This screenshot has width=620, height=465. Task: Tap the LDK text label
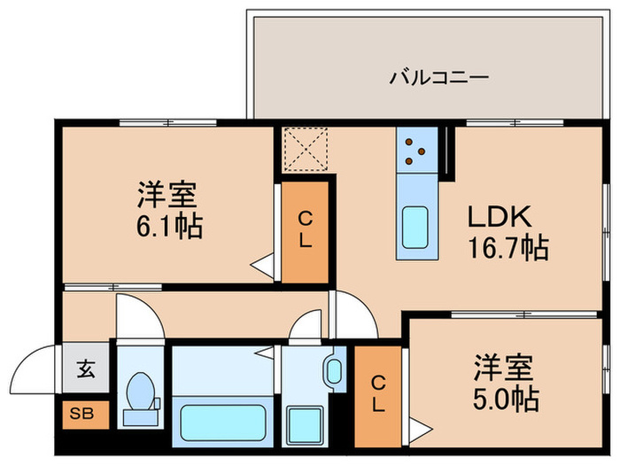point(498,217)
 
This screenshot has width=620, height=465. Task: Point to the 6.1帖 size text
point(166,227)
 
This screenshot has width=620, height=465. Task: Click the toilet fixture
point(140,397)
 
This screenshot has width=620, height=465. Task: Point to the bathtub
point(221,427)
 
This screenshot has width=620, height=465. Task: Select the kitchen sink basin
point(414,228)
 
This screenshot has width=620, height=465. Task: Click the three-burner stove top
point(414,151)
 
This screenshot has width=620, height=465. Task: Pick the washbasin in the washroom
point(334,370)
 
